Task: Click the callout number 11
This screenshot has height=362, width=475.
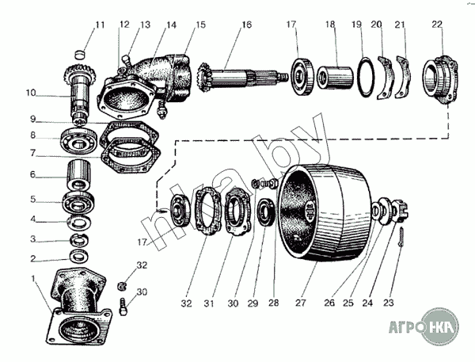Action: tap(100, 25)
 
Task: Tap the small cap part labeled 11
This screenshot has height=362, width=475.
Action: tap(79, 55)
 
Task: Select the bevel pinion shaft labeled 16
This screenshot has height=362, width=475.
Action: tap(241, 77)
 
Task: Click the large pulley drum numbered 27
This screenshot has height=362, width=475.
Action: tap(325, 213)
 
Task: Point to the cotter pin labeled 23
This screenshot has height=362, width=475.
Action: tap(401, 237)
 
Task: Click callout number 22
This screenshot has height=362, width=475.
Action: tap(437, 25)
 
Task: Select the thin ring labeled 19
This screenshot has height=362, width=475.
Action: tap(367, 77)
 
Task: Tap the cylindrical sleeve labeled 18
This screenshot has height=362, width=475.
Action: tap(335, 78)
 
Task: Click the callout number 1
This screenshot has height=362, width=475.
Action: tap(33, 278)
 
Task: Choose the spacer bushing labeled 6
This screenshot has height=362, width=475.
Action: tap(79, 175)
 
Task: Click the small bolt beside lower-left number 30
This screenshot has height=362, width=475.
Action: tap(123, 307)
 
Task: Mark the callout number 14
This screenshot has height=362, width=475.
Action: tap(171, 25)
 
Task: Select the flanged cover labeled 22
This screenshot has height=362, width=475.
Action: tap(440, 80)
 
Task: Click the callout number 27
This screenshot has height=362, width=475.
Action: tap(300, 303)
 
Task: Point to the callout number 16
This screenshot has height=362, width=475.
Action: tap(247, 25)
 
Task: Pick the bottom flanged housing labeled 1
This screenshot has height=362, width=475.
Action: tap(79, 307)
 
